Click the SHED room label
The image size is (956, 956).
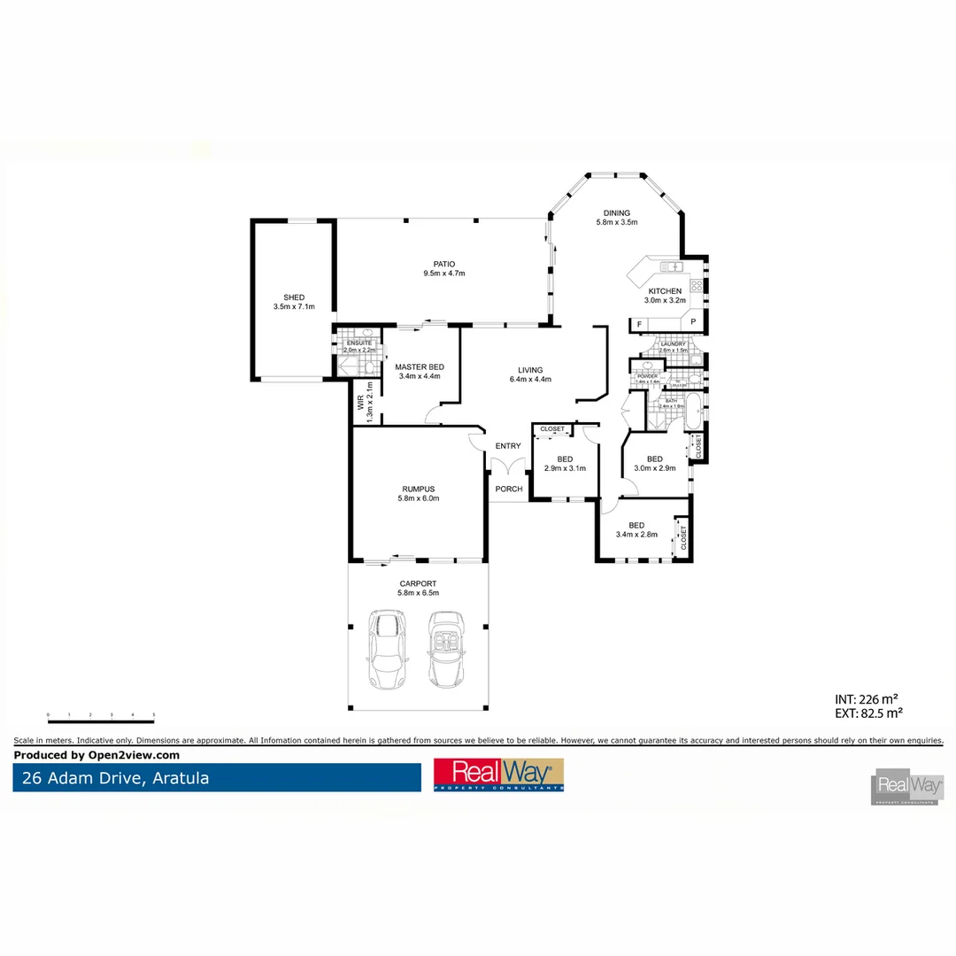294,297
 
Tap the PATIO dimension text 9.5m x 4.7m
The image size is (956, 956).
443,274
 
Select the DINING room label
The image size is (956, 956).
616,213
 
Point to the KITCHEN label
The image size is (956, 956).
665,291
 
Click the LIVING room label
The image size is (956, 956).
530,370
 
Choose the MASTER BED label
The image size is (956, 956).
419,366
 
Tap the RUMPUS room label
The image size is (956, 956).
419,489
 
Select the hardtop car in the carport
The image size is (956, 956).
386,649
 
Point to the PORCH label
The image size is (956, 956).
509,490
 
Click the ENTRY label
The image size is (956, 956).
508,446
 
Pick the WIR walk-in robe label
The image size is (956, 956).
361,403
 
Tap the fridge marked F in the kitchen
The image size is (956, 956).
640,325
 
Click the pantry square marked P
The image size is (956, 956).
693,322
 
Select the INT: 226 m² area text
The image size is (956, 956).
868,698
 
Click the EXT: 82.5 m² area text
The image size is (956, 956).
868,712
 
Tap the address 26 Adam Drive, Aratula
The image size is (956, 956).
112,779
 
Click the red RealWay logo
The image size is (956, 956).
498,775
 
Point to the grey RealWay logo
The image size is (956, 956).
906,785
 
